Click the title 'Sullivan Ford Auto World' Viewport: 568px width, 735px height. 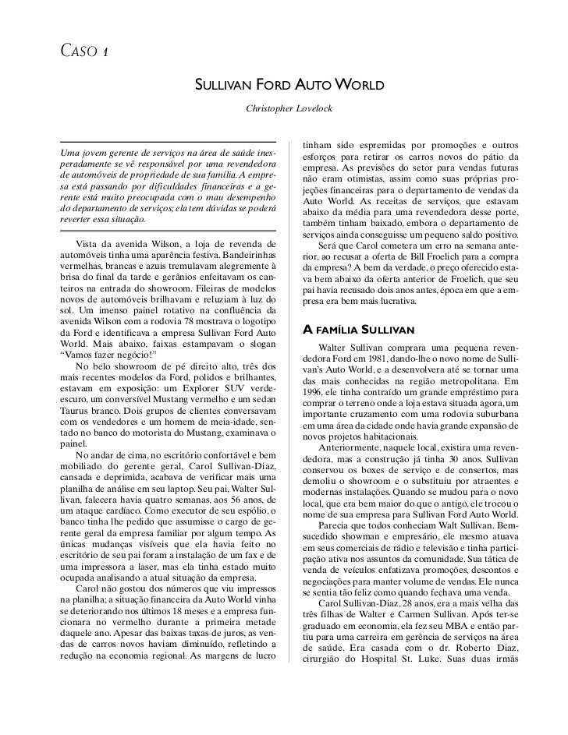click(x=289, y=83)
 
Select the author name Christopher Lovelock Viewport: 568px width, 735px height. click(x=289, y=105)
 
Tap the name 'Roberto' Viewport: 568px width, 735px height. click(x=459, y=652)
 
